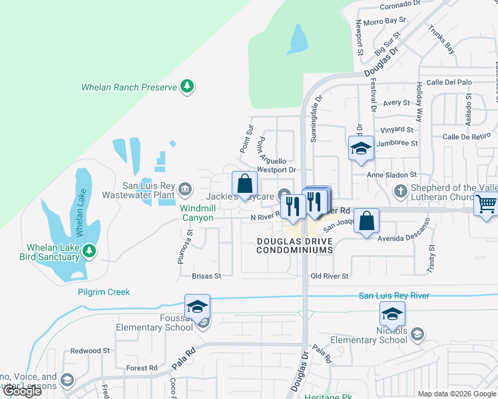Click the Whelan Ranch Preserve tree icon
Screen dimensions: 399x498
188,86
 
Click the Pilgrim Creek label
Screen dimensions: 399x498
103,292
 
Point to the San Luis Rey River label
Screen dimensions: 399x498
394,295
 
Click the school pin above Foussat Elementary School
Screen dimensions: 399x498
197,307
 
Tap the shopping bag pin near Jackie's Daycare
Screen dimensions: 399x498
245,184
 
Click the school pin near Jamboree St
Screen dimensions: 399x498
361,148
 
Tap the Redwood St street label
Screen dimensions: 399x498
90,350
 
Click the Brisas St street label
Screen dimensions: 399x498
206,275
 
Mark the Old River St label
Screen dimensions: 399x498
330,275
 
